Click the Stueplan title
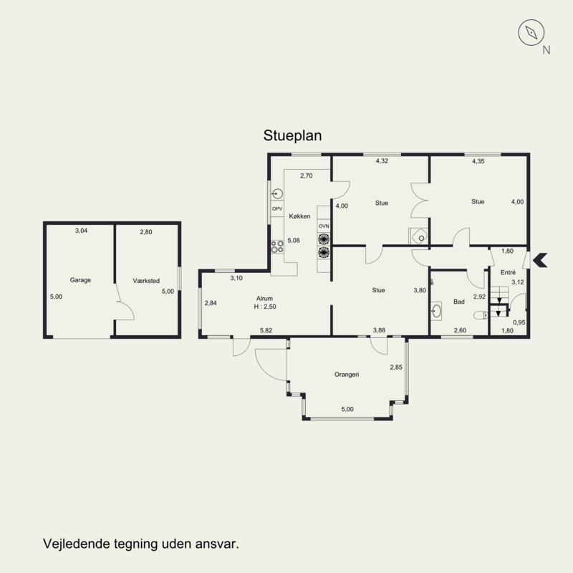(292, 135)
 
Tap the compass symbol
(531, 32)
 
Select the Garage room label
(80, 280)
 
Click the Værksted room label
(146, 281)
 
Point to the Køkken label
(299, 216)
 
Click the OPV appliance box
(277, 208)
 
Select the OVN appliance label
(324, 226)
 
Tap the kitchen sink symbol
(278, 193)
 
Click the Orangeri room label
(347, 374)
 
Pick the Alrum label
(264, 298)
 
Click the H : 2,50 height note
(265, 307)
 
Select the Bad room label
(459, 302)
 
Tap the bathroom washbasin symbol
(436, 312)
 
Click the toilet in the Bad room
(480, 315)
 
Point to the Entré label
(508, 272)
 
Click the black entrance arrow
(540, 260)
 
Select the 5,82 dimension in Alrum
(266, 330)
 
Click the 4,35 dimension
(478, 161)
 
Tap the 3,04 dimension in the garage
(81, 231)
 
